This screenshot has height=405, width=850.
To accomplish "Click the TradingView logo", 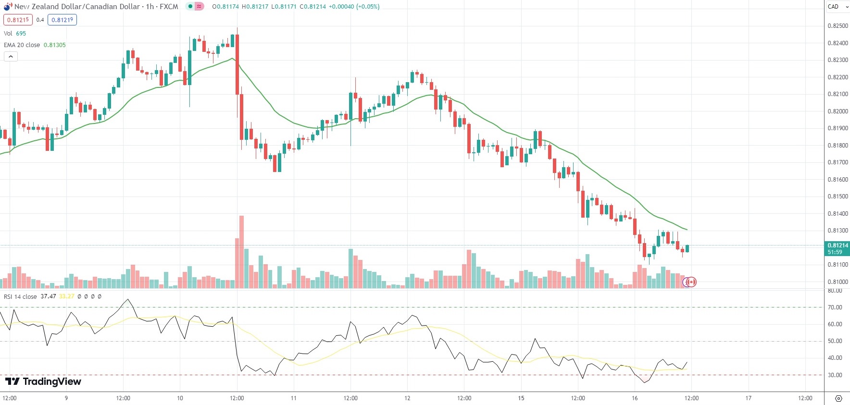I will tap(43, 381).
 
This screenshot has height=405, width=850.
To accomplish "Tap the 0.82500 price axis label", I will tap(837, 26).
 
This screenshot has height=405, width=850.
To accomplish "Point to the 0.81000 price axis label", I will tap(837, 282).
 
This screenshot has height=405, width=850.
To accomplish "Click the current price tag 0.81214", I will tap(837, 245).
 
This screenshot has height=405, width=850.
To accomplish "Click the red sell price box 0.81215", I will tap(18, 20).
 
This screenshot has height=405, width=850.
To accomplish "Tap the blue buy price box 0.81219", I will tap(62, 20).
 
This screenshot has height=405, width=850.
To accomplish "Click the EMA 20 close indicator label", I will tap(22, 45).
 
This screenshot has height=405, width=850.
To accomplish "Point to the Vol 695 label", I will tap(15, 34).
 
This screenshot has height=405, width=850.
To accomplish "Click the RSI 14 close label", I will tap(20, 297).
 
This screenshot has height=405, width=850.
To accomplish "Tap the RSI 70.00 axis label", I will tap(835, 307).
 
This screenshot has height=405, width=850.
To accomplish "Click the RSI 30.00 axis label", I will tap(835, 375).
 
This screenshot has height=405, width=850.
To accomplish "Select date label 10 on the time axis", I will tap(180, 398).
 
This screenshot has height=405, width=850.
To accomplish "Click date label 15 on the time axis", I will tap(521, 398).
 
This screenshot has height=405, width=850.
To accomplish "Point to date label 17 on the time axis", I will tap(748, 398).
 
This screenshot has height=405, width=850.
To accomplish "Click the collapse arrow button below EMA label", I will tap(11, 57).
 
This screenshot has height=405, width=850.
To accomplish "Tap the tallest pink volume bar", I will tap(241, 252).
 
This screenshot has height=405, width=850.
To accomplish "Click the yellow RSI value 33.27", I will tap(67, 297).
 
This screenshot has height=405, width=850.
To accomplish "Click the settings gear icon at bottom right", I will tap(838, 399).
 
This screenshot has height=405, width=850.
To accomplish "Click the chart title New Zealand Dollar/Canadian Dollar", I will tap(77, 7).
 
